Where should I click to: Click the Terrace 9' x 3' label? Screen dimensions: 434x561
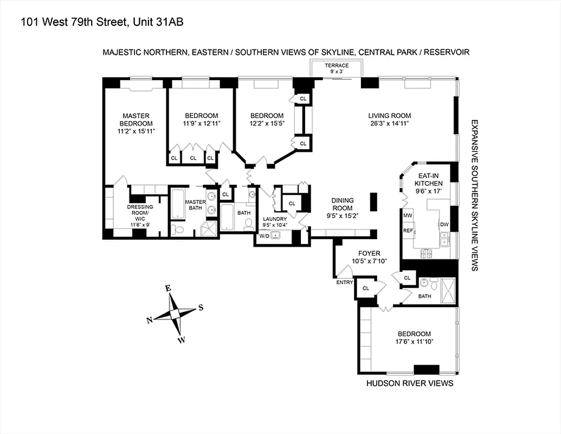click(x=337, y=68)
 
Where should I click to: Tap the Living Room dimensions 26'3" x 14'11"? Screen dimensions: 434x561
click(x=389, y=124)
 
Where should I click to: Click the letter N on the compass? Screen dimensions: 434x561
click(x=150, y=320)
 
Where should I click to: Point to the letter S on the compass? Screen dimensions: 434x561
click(x=201, y=308)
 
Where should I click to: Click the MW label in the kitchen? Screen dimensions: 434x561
click(x=408, y=215)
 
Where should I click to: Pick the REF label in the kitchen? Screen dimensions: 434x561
click(x=408, y=231)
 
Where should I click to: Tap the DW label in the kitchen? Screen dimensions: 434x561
click(x=444, y=224)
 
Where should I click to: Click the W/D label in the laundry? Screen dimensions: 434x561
click(x=264, y=236)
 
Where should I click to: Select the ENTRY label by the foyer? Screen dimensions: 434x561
click(x=344, y=282)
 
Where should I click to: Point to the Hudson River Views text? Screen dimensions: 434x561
click(x=410, y=384)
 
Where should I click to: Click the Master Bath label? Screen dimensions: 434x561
click(x=195, y=205)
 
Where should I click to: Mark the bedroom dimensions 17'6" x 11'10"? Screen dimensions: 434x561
click(x=414, y=342)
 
